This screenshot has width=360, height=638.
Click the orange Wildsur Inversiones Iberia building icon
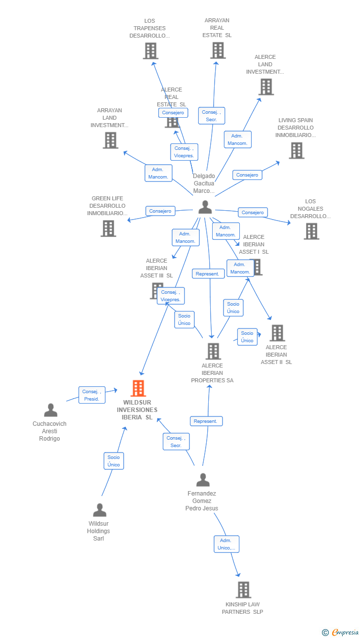point(138,388)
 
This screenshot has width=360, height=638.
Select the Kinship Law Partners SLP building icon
point(243,590)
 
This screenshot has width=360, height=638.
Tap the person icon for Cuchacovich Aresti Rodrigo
point(50,410)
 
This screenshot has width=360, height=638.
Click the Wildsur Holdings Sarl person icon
point(99,510)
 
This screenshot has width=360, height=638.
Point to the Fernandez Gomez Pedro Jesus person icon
point(203,480)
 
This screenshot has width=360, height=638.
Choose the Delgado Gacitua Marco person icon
point(205,207)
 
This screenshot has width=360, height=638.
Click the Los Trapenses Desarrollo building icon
point(150,50)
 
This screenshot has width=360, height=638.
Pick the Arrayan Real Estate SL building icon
point(218,50)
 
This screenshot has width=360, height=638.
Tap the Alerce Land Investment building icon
point(266,87)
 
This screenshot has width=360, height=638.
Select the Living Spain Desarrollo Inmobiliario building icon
point(296,150)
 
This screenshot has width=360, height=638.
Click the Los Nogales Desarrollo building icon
point(311,231)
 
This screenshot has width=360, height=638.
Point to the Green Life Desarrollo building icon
point(108,228)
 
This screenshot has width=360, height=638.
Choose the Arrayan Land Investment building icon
point(110,140)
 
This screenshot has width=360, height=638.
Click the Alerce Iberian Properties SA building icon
point(213,351)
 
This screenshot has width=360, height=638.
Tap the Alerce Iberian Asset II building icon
point(277,333)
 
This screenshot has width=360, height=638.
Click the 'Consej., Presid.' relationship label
point(91,395)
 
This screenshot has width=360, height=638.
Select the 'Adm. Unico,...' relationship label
point(226,544)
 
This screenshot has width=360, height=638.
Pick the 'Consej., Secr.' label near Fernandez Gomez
point(176,442)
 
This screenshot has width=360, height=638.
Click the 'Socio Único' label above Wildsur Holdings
point(114,461)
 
